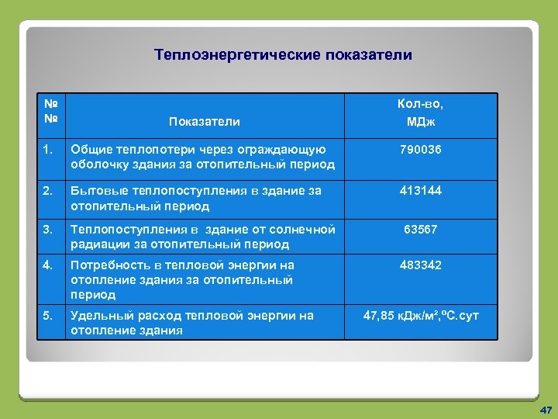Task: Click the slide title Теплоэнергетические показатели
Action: pyautogui.click(x=283, y=55)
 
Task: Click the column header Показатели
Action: pyautogui.click(x=204, y=121)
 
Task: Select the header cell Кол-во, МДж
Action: pyautogui.click(x=420, y=113)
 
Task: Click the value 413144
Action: pyautogui.click(x=420, y=190)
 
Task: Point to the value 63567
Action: pyautogui.click(x=420, y=229)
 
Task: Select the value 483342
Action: pyautogui.click(x=420, y=265)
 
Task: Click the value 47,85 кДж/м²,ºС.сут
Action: pyautogui.click(x=420, y=316)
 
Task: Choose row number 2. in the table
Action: pyautogui.click(x=48, y=190)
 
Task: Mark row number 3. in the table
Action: pyautogui.click(x=48, y=229)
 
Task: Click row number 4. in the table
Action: pyautogui.click(x=48, y=265)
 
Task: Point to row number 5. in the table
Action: pyautogui.click(x=48, y=316)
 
